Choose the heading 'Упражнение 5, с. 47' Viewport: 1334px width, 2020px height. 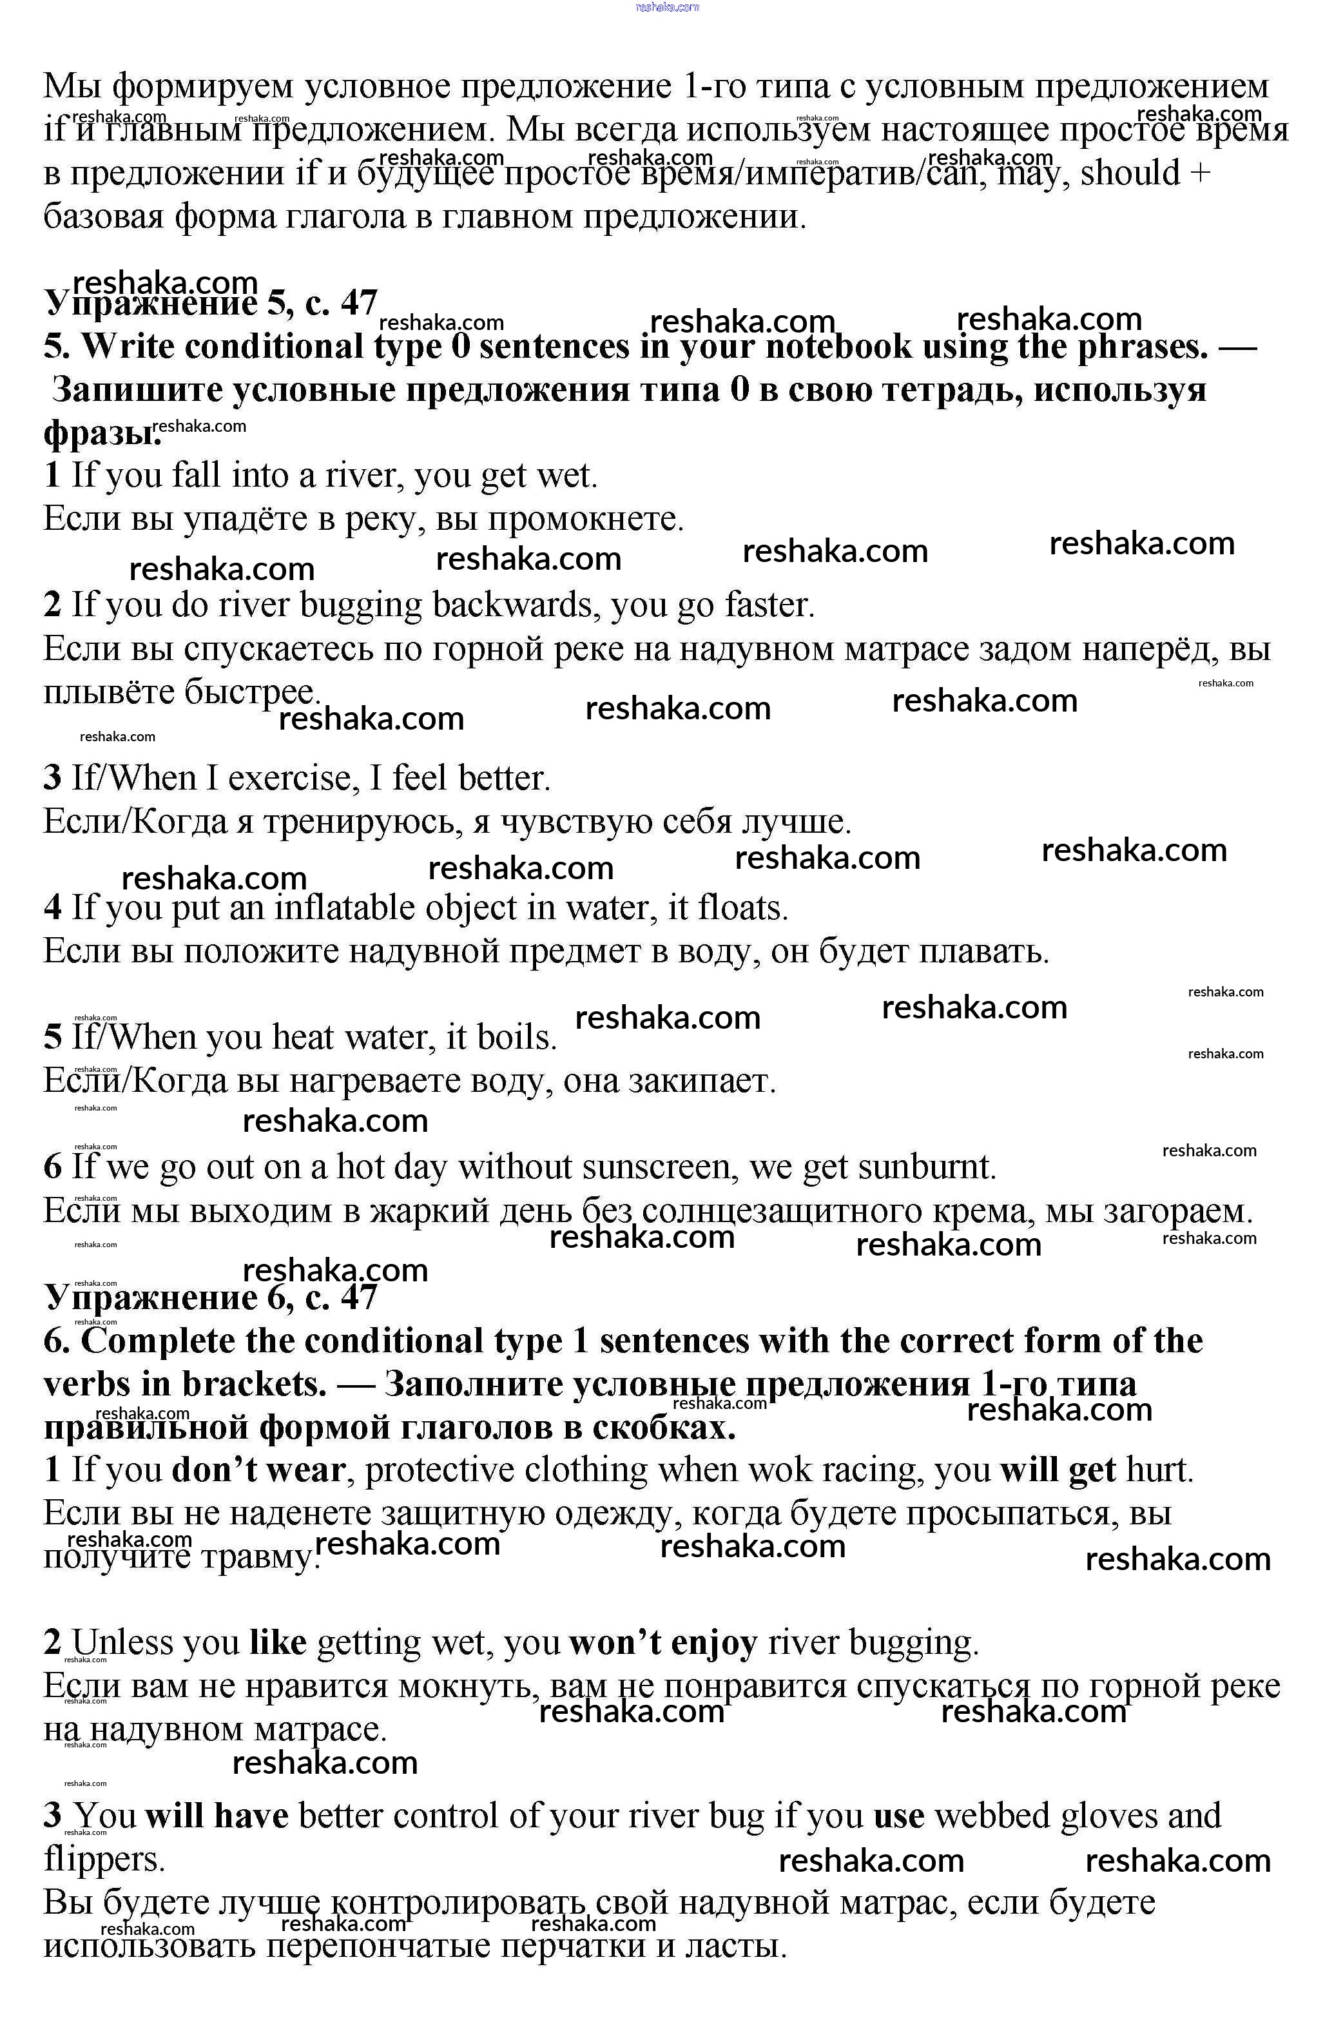point(210,302)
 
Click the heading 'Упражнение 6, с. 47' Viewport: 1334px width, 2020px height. point(210,1297)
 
